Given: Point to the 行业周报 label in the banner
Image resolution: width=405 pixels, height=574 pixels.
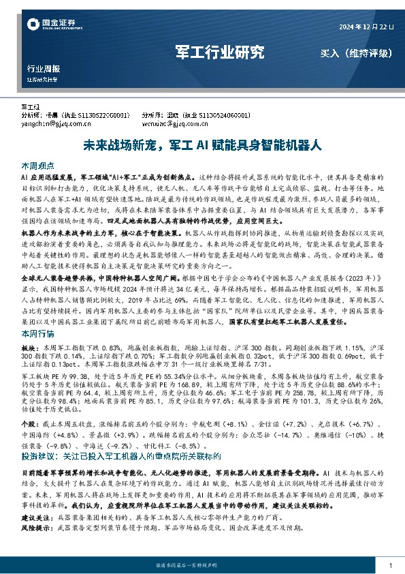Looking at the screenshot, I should pos(44,70).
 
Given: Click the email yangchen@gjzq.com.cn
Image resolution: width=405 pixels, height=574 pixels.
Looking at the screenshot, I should pos(53,125).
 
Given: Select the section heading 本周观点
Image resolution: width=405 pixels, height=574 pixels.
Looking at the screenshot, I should pos(37,166).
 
